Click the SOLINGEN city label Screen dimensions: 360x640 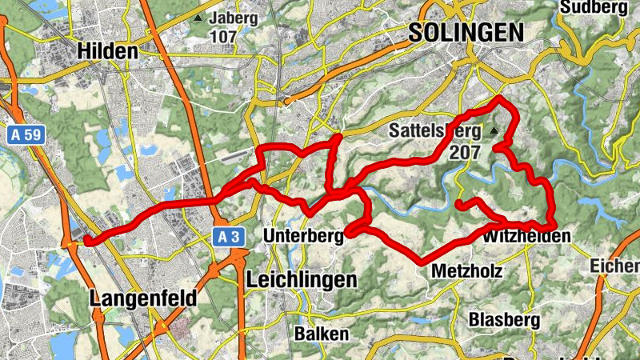pyautogui.click(x=466, y=32)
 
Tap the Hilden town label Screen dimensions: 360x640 pyautogui.click(x=108, y=51)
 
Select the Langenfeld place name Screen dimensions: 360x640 pyautogui.click(x=144, y=298)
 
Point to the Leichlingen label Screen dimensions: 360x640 pyautogui.click(x=301, y=280)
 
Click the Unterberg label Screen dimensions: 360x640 pyautogui.click(x=302, y=236)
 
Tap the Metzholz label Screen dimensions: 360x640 pyautogui.click(x=466, y=272)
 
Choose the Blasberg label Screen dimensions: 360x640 pyautogui.click(x=504, y=320)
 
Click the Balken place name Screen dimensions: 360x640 pyautogui.click(x=322, y=334)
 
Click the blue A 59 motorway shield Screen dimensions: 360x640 pyautogui.click(x=26, y=136)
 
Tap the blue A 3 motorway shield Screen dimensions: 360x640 pyautogui.click(x=230, y=236)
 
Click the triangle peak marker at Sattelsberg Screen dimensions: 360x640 pyautogui.click(x=494, y=130)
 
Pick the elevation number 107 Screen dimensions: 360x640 pyautogui.click(x=223, y=37)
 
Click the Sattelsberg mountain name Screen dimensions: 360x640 pyautogui.click(x=434, y=130)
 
